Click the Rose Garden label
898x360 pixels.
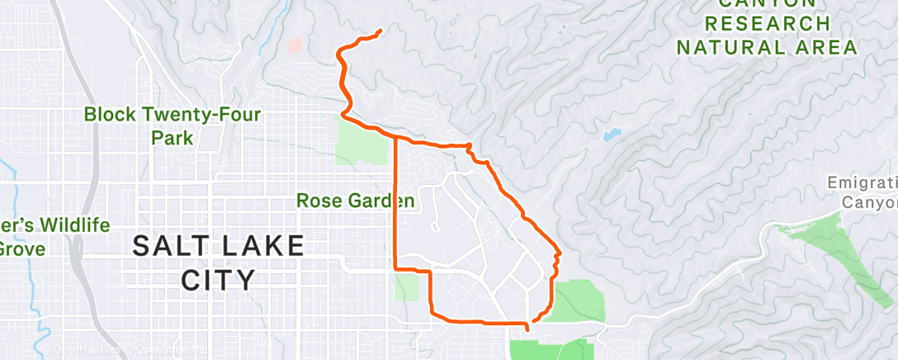click(355, 200)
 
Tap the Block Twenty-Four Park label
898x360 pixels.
click(172, 126)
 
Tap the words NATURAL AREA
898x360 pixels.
click(767, 47)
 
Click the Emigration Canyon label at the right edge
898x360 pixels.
click(863, 192)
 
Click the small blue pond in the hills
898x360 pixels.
click(612, 134)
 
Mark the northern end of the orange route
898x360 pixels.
click(380, 31)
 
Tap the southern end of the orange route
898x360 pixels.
click(526, 332)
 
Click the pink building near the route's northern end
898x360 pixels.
click(295, 45)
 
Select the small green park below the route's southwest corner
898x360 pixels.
click(406, 287)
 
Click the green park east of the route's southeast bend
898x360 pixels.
click(578, 301)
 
